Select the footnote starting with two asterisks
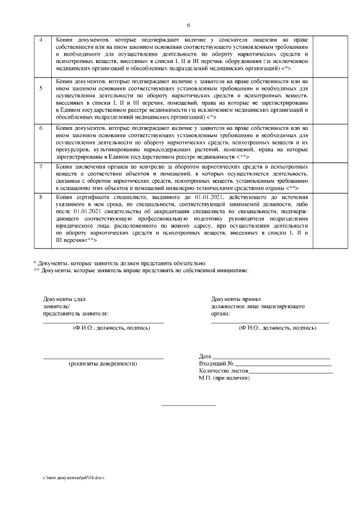coord(141,270)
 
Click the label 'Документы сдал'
coord(64,299)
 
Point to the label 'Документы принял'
coord(236,299)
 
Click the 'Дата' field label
coord(205,357)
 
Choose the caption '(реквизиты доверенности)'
coord(103,364)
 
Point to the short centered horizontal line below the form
coord(188,405)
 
